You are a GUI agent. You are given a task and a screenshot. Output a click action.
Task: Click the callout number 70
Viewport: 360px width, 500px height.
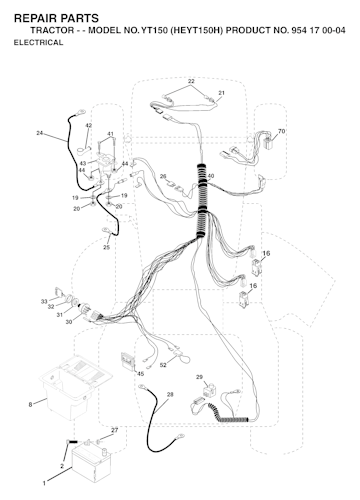pyautogui.click(x=282, y=131)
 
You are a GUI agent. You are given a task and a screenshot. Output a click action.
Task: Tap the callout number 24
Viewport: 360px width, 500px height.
pyautogui.click(x=40, y=133)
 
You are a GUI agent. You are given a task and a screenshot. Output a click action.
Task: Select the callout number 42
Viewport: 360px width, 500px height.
pyautogui.click(x=88, y=126)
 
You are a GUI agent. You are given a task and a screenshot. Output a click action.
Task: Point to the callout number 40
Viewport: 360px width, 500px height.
pyautogui.click(x=211, y=176)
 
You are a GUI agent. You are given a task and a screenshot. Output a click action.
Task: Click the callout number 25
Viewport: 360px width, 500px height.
pyautogui.click(x=106, y=247)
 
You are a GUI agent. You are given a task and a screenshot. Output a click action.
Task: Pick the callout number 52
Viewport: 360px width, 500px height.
pyautogui.click(x=163, y=365)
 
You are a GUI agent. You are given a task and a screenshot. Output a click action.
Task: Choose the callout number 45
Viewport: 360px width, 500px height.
pyautogui.click(x=141, y=374)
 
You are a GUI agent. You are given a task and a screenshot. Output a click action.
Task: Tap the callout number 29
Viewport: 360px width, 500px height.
pyautogui.click(x=199, y=377)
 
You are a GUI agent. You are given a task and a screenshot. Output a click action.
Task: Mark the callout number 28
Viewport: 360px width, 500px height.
pyautogui.click(x=170, y=395)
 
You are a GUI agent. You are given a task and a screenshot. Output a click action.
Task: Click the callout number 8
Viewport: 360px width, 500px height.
pyautogui.click(x=31, y=405)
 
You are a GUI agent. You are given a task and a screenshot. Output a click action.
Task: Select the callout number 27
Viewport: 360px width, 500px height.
pyautogui.click(x=114, y=430)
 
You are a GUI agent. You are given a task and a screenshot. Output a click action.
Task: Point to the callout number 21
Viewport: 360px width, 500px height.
pyautogui.click(x=221, y=93)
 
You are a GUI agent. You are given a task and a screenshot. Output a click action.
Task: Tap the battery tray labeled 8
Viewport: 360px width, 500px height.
pyautogui.click(x=75, y=387)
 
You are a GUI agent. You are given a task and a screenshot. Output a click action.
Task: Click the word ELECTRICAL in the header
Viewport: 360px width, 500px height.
pyautogui.click(x=38, y=42)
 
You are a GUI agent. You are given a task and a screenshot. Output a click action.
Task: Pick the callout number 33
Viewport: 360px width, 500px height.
pyautogui.click(x=44, y=301)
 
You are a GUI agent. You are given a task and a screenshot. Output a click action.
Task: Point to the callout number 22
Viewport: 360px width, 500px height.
pyautogui.click(x=191, y=81)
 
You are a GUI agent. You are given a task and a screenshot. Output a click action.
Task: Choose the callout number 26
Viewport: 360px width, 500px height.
pyautogui.click(x=163, y=176)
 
